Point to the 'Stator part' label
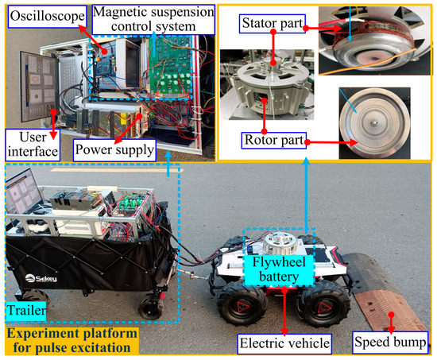pos(274,24)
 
